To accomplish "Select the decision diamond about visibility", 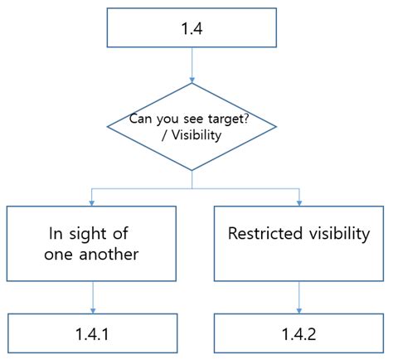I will coord(192,127).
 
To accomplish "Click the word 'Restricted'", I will coord(260,235).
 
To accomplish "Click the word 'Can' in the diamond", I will coord(142,119).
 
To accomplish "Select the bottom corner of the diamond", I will coord(192,170).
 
